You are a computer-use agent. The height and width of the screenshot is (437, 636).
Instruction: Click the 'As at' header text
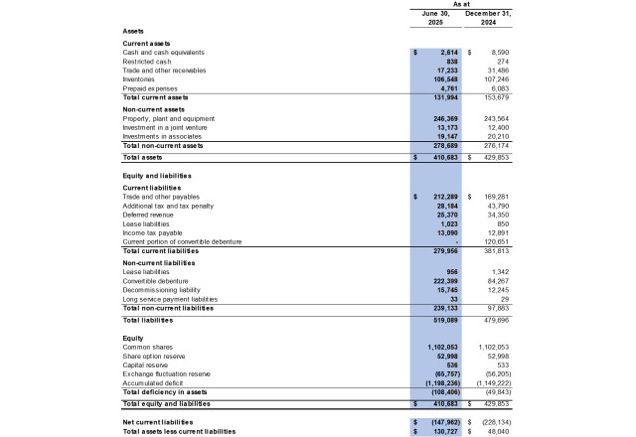point(463,5)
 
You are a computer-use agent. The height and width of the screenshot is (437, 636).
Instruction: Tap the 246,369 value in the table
point(441,118)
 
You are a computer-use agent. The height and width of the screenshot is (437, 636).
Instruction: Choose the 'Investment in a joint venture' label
point(163,127)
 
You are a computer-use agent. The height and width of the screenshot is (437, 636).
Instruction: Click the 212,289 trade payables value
point(441,197)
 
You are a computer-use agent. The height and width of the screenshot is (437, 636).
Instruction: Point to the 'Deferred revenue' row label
point(146,215)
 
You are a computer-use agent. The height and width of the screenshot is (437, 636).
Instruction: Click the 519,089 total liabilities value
point(441,321)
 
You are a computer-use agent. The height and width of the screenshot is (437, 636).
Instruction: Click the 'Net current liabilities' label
point(157,421)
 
